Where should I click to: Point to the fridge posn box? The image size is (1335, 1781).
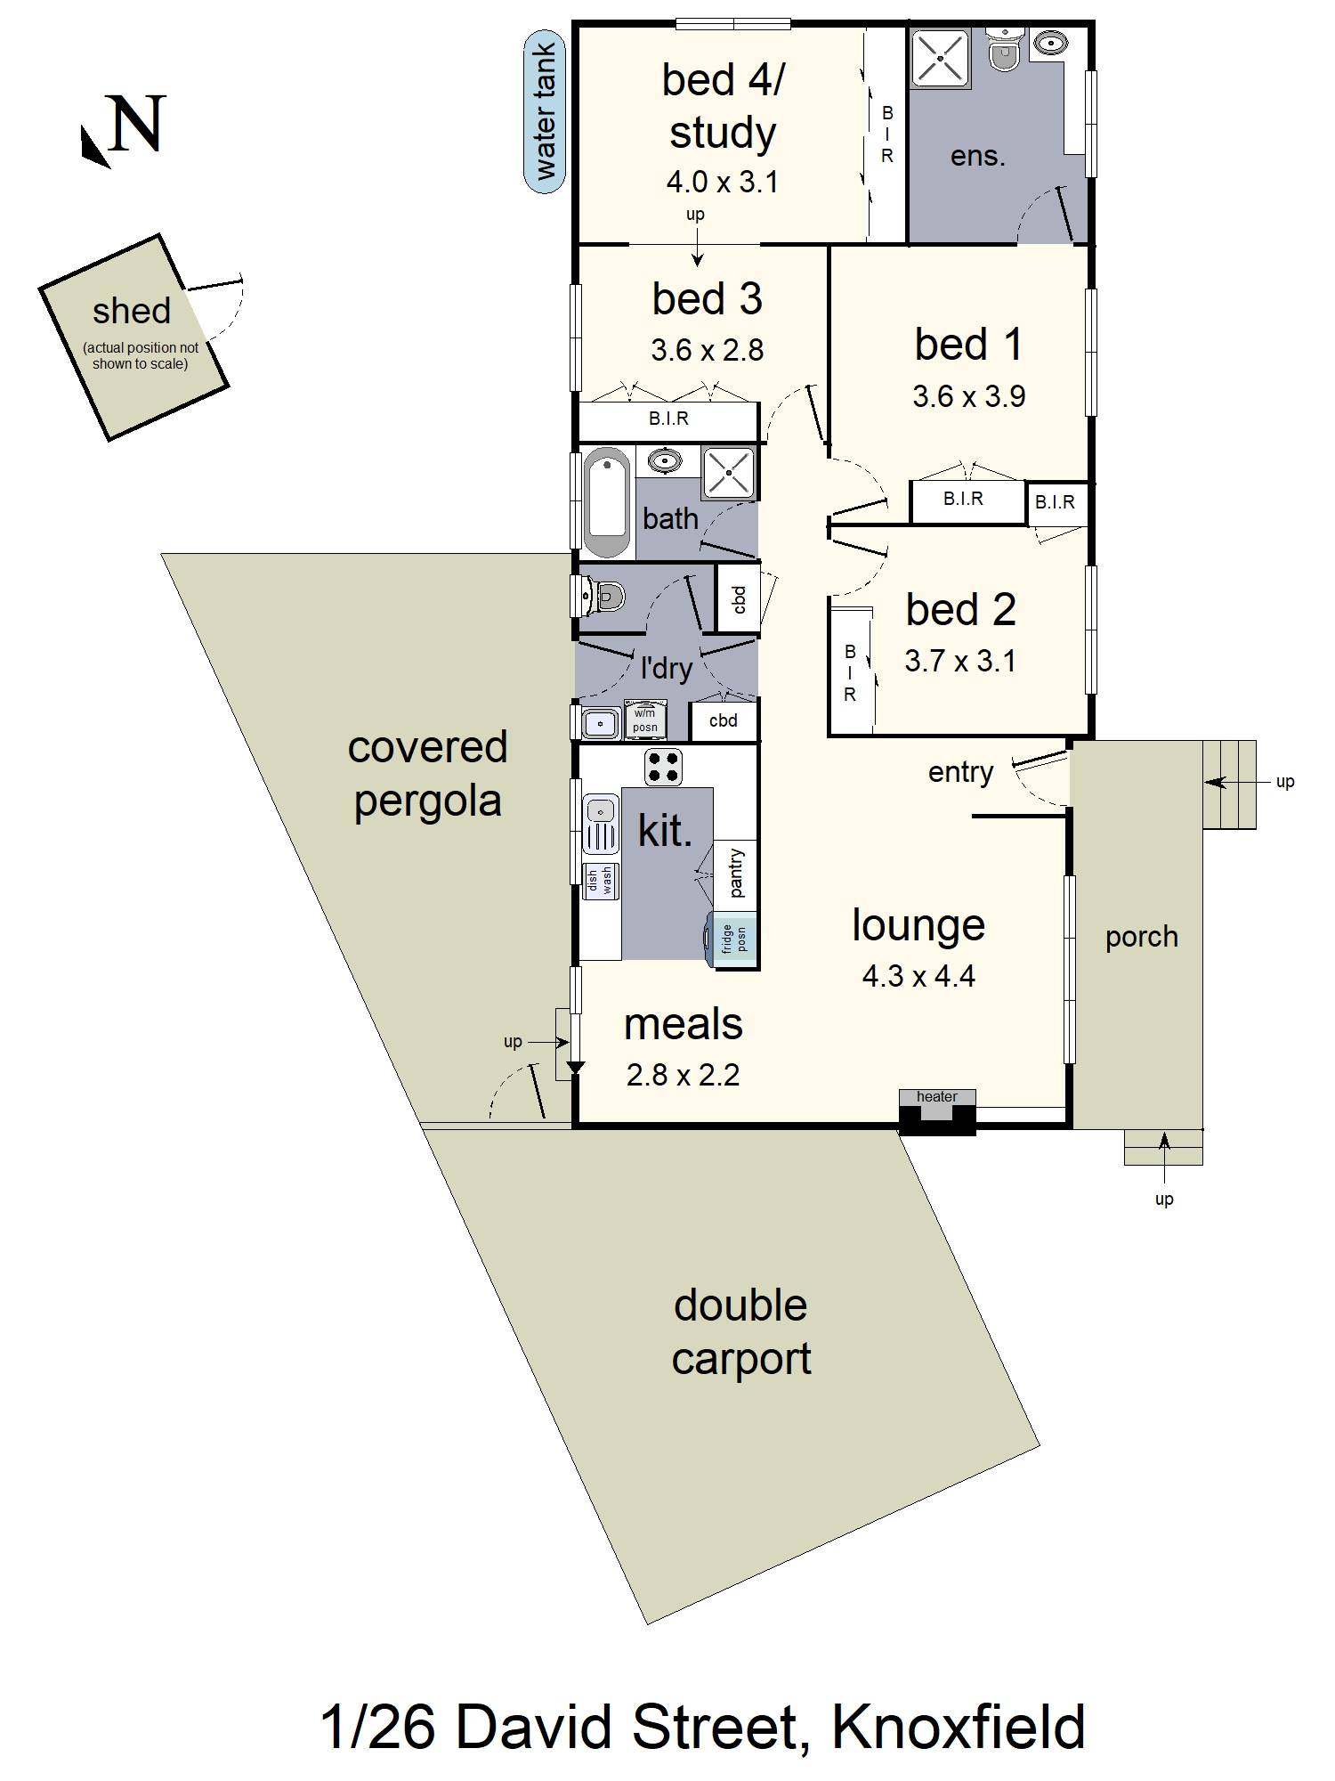point(734,938)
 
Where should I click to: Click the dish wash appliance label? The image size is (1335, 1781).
point(601,881)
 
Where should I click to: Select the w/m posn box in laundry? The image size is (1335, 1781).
point(645,720)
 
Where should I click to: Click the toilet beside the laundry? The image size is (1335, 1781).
point(604,596)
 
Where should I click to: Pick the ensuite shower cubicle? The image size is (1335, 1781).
point(939,56)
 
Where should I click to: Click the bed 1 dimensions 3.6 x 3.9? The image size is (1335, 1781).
point(968,396)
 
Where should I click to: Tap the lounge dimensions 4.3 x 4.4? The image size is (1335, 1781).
point(918,976)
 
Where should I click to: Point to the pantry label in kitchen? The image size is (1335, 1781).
point(736,872)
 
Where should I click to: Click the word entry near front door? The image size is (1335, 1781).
point(959,771)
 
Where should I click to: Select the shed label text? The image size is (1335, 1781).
point(132,311)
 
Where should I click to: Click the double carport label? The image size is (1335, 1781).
point(740,1331)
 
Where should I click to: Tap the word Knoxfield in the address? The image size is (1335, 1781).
point(958,1728)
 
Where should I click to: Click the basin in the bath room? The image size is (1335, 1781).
point(663,460)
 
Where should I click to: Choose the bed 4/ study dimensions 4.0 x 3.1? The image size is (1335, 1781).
point(722,182)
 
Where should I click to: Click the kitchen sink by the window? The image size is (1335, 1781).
point(600,825)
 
